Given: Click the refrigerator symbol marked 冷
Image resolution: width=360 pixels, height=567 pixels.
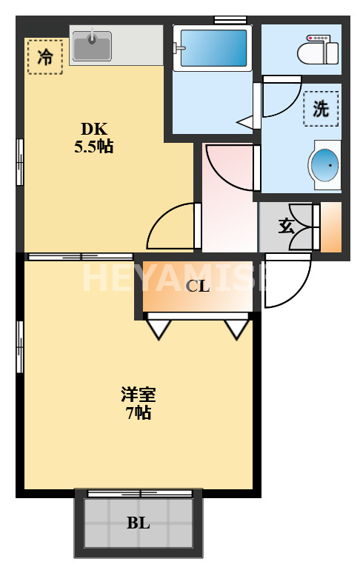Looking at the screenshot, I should pos(44,57).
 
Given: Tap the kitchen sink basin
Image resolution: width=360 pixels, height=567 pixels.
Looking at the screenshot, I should pos(92,46).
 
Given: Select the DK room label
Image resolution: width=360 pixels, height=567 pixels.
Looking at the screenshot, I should pos(93,128).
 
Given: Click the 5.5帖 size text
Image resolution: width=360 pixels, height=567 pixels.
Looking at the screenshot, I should pos(93,146).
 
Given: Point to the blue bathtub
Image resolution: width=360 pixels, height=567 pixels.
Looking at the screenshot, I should pos(213,48).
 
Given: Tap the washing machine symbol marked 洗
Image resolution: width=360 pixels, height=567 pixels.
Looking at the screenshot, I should pos(321,109).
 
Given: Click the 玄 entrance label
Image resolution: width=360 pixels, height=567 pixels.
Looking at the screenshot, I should pos(286,226).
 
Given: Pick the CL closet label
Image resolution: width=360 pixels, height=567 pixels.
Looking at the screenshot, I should pos(197,286).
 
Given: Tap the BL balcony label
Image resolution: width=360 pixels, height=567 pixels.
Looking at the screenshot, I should pos(138,523).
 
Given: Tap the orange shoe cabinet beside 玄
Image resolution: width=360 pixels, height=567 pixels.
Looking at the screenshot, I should pos(331,228).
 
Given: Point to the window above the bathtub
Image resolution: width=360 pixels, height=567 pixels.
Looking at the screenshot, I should pos(230,19).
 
